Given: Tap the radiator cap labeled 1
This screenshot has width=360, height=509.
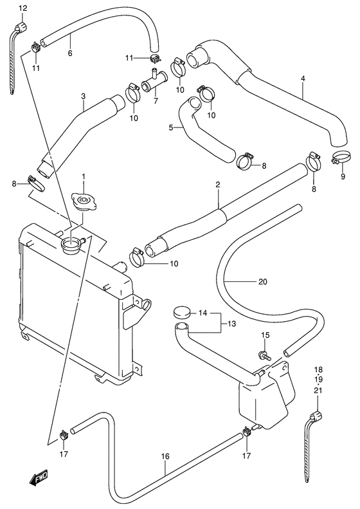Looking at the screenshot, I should click(x=82, y=203).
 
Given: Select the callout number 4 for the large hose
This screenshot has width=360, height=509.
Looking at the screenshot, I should click(x=302, y=80).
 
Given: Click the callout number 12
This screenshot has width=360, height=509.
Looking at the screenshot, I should click(x=23, y=8).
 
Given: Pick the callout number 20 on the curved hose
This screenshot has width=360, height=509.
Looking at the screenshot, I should click(x=262, y=281).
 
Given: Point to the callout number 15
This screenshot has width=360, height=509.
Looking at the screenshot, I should click(x=264, y=336).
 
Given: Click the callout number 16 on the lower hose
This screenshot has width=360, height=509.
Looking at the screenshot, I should click(x=165, y=457).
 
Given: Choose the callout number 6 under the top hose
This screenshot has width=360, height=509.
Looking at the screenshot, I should click(x=69, y=53).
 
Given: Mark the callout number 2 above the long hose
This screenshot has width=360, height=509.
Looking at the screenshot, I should click(x=218, y=185).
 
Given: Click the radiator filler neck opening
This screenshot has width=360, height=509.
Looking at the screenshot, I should click(x=71, y=244).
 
